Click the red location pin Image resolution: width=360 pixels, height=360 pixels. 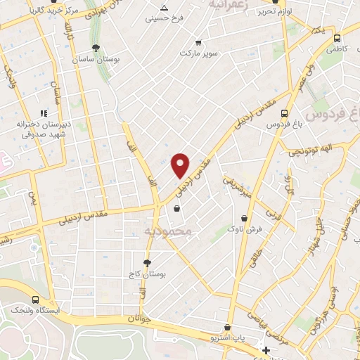(181, 165)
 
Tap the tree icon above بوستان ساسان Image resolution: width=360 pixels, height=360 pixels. (96, 48)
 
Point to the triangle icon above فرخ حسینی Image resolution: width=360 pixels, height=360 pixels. (163, 7)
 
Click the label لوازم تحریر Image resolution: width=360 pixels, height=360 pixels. (275, 12)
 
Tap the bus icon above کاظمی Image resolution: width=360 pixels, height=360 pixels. (337, 39)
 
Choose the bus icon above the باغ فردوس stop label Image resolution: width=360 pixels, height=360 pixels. (284, 112)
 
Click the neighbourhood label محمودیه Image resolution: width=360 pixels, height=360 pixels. (168, 231)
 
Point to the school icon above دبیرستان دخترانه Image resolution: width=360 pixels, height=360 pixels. (44, 112)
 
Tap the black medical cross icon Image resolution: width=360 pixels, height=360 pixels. (265, 350)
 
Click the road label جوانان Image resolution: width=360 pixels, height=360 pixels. (141, 319)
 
